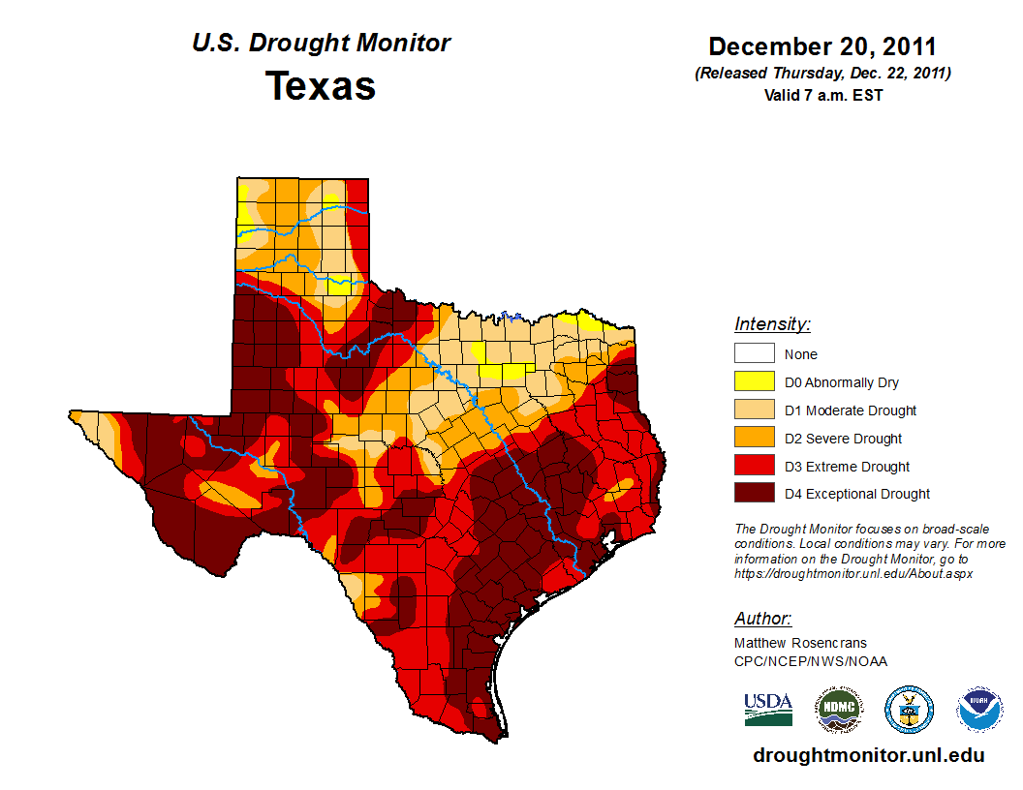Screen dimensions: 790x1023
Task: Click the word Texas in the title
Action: click(x=321, y=86)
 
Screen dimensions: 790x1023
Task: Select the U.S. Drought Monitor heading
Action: click(x=321, y=44)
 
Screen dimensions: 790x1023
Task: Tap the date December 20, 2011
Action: click(x=821, y=46)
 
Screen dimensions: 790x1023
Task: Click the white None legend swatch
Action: click(x=754, y=354)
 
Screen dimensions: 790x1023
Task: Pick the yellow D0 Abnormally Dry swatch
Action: click(x=754, y=382)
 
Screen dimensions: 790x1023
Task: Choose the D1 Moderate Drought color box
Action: click(x=754, y=410)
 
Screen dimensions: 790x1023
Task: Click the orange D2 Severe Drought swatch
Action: click(x=754, y=439)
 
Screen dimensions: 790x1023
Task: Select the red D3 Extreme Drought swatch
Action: click(x=754, y=467)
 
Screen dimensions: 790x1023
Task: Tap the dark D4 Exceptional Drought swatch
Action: click(x=754, y=494)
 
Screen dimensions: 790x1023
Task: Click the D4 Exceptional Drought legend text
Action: click(x=856, y=494)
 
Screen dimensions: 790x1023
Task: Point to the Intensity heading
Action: click(x=772, y=324)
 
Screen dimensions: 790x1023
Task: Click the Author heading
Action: click(x=762, y=619)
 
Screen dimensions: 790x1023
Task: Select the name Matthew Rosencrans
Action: click(x=800, y=643)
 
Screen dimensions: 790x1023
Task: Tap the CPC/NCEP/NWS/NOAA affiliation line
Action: click(x=810, y=661)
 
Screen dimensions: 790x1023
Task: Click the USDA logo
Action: click(x=768, y=709)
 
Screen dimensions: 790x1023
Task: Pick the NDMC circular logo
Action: click(x=838, y=710)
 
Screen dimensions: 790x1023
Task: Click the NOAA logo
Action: click(x=979, y=710)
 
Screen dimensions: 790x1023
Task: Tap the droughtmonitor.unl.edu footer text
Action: click(x=868, y=756)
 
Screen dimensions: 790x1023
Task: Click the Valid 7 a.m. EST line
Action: click(x=822, y=95)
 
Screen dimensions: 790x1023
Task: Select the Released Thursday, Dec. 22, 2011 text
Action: click(x=822, y=74)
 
